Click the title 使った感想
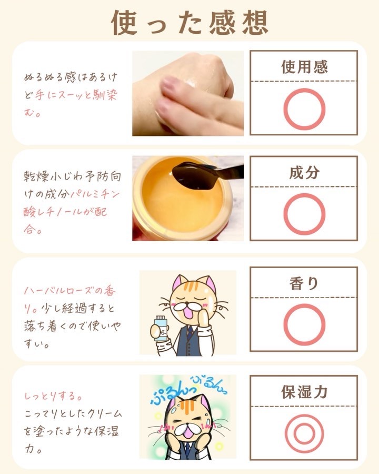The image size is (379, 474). click(189, 22)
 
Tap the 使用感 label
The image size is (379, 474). click(304, 67)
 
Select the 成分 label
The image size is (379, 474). click(304, 173)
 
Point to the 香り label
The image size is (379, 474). click(304, 283)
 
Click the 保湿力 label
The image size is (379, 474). click(304, 391)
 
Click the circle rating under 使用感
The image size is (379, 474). click(285, 109)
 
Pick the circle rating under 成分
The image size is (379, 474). click(285, 214)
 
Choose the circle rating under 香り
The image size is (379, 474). click(285, 324)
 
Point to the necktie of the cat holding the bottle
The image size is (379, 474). click(189, 332)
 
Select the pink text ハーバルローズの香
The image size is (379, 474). click(70, 291)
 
